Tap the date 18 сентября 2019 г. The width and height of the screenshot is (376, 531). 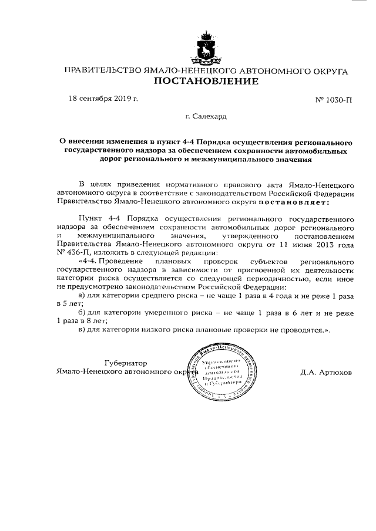[103, 98]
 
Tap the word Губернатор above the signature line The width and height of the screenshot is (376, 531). [126, 363]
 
